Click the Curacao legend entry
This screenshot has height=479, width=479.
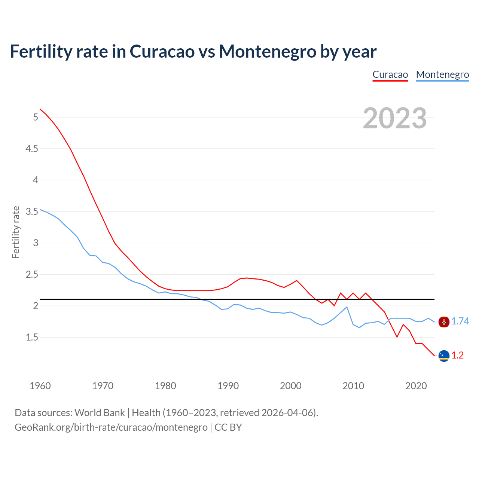[390, 74]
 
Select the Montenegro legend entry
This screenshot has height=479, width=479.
[442, 74]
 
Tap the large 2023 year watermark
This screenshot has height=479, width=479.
[394, 118]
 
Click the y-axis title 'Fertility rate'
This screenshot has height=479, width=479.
[16, 232]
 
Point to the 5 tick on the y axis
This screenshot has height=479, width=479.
[36, 117]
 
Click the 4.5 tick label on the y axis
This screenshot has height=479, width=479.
[32, 149]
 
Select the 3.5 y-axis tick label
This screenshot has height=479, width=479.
[32, 211]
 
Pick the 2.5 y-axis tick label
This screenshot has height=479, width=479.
[32, 274]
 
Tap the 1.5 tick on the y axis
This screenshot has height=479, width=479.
[32, 337]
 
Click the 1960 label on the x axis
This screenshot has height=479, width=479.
[40, 386]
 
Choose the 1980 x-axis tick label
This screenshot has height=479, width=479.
[165, 386]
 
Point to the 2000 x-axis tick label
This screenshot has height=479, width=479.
[290, 386]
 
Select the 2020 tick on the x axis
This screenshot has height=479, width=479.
[416, 386]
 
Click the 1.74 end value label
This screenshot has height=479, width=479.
[460, 321]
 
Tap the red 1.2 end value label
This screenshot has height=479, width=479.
[457, 355]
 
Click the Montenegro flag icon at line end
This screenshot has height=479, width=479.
[444, 321]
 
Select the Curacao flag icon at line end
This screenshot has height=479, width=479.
[444, 356]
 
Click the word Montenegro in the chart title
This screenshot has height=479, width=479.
[267, 51]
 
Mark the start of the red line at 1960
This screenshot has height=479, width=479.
[40, 109]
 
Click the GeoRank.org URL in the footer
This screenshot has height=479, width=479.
[111, 427]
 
